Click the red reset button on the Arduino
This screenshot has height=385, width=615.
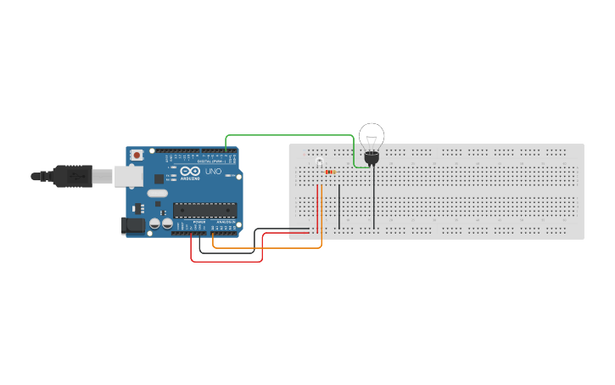point(136,156)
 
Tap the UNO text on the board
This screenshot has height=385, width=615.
point(213,172)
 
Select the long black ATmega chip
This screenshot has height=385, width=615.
point(204,210)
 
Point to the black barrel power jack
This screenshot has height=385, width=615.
point(133,225)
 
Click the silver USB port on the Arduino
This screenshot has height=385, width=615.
point(128,176)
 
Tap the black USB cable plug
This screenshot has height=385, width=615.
point(71,176)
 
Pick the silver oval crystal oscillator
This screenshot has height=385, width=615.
point(158,194)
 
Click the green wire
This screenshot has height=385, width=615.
point(288,135)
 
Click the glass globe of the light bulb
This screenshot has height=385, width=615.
point(372,136)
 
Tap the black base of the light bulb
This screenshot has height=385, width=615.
point(371,157)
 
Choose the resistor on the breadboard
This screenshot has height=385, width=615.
point(330,172)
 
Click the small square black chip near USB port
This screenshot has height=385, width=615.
point(159,178)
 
